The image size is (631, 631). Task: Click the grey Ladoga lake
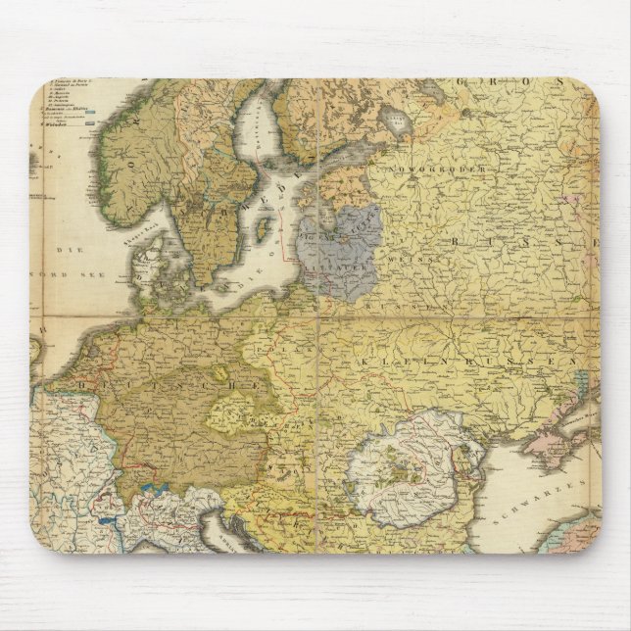click(x=396, y=121)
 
